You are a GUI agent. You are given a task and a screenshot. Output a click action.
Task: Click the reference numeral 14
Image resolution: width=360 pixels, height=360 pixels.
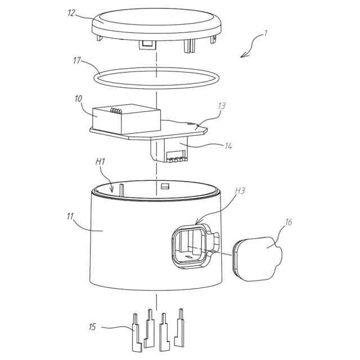pos(227,146)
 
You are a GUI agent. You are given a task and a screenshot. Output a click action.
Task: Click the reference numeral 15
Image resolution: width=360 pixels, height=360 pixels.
pos(93,326)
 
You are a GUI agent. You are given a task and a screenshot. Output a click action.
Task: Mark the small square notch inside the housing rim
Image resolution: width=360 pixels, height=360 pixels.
pos(165,186)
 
